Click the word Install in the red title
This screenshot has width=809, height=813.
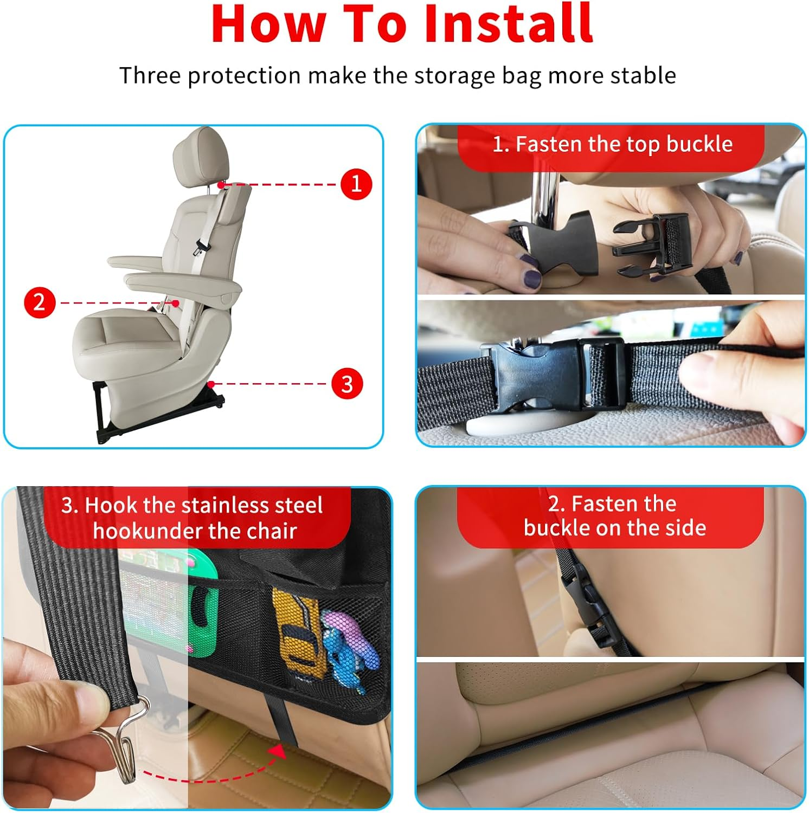click(x=508, y=24)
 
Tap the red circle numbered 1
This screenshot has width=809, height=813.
click(x=356, y=184)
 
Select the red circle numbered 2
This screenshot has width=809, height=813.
click(x=40, y=302)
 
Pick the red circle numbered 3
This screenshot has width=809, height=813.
click(x=347, y=384)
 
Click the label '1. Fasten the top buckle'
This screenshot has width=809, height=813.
click(x=612, y=145)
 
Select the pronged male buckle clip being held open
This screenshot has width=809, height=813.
click(x=651, y=244)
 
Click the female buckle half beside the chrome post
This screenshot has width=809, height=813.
click(x=558, y=241)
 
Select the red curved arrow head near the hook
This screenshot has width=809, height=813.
click(x=278, y=751)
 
